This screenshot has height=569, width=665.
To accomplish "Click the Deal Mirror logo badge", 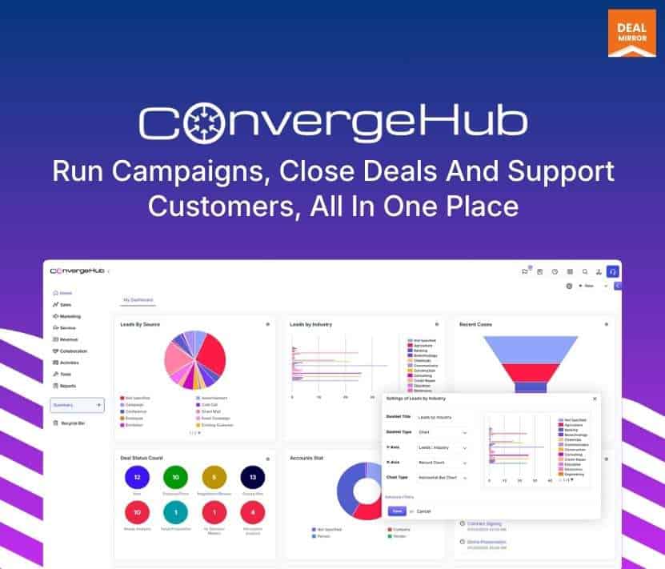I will click(631, 33).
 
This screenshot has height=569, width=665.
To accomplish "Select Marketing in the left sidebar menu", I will click(70, 316).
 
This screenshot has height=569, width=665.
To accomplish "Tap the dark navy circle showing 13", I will click(252, 477).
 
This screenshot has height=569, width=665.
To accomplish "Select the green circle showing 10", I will click(175, 477).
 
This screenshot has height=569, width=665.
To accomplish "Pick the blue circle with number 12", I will click(137, 477).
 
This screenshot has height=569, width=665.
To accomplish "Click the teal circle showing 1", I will click(175, 513).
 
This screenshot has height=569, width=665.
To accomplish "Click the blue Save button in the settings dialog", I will click(396, 511).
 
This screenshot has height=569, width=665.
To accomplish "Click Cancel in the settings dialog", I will click(423, 511).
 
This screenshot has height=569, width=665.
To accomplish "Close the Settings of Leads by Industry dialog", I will click(595, 399).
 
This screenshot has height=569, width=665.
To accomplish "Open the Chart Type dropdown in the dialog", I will click(443, 478).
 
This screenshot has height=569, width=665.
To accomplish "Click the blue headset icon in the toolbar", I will click(613, 271).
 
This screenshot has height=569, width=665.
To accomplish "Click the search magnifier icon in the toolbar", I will click(585, 271).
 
